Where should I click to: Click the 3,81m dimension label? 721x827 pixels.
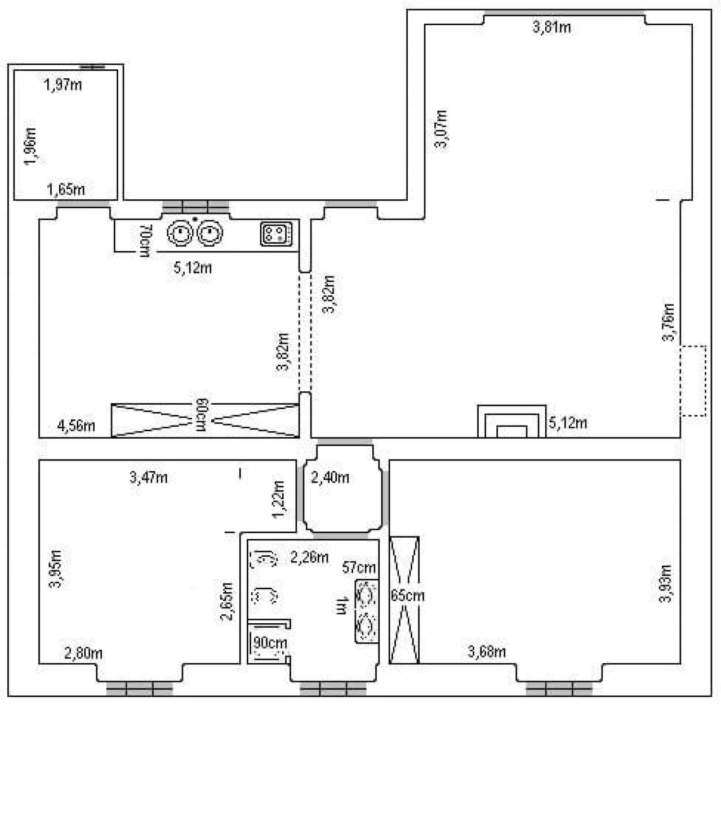[x=551, y=28]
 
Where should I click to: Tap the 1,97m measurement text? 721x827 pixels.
[x=63, y=85]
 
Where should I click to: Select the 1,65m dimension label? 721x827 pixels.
[x=66, y=189]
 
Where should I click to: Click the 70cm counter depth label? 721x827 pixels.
[x=145, y=241]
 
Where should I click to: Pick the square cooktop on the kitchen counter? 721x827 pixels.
[x=276, y=234]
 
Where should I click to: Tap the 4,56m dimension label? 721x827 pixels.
[x=76, y=426]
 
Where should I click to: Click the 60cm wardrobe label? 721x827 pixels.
[x=202, y=415]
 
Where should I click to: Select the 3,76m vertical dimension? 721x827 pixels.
[x=668, y=322]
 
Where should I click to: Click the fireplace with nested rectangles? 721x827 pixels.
[x=511, y=421]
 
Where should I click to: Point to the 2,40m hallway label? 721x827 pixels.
[x=330, y=478]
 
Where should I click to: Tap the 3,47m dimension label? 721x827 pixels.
[x=148, y=478]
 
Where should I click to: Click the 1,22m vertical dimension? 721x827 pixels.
[x=278, y=499]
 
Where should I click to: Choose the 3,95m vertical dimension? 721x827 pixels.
[x=55, y=569]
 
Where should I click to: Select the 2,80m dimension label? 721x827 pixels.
[x=83, y=653]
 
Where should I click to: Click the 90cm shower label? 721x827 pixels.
[x=270, y=643]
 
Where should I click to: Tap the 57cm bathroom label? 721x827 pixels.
[x=359, y=567]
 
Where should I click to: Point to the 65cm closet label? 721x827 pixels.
[x=408, y=596]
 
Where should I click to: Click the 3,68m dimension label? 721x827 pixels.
[x=487, y=651]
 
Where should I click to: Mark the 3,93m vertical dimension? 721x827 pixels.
[x=665, y=583]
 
